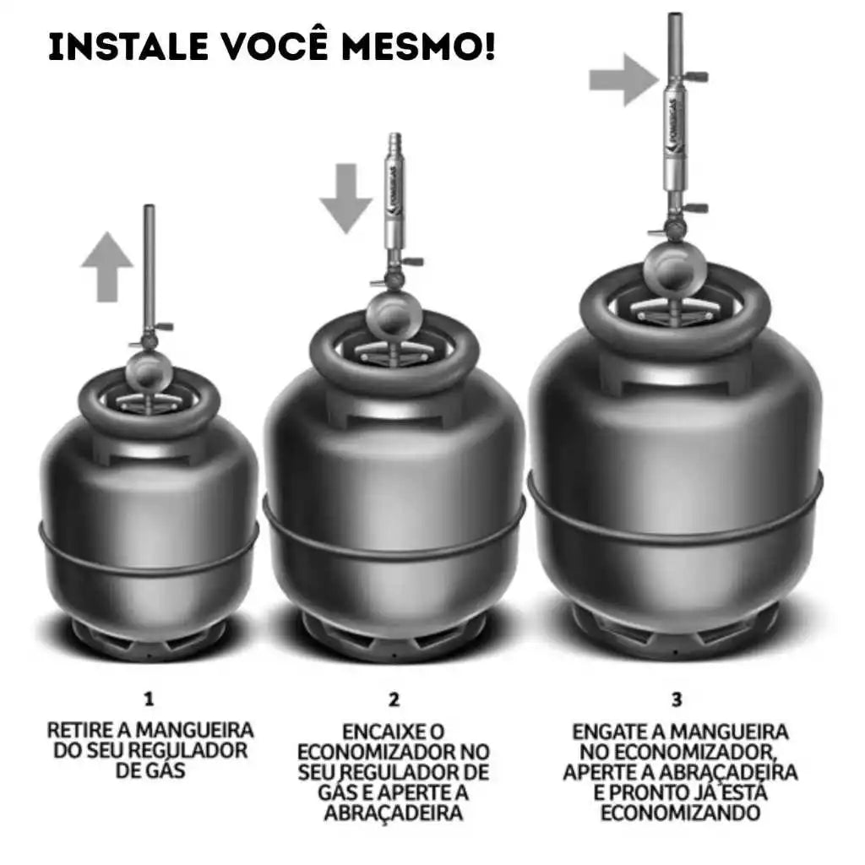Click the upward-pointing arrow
tap(107, 267)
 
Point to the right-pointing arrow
tap(624, 80)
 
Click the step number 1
tap(149, 699)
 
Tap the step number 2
tap(394, 699)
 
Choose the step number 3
tap(677, 699)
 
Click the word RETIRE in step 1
tap(80, 731)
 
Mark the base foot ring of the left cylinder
tap(149, 642)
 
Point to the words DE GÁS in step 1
tap(150, 770)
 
